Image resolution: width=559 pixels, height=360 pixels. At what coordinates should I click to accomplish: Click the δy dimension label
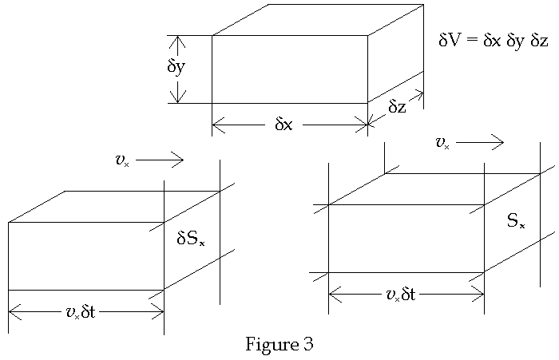click(176, 67)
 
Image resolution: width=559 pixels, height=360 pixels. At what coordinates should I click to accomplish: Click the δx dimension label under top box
click(283, 125)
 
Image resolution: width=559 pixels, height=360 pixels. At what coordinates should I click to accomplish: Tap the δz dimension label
click(397, 107)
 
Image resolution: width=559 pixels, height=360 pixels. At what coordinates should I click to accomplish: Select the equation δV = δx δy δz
click(493, 40)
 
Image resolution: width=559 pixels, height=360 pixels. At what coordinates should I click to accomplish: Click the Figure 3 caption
click(279, 345)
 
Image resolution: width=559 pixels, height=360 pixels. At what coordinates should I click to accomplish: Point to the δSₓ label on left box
click(190, 238)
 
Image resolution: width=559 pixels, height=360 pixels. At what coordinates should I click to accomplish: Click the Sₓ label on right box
click(516, 221)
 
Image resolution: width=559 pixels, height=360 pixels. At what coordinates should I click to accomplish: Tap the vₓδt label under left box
click(80, 311)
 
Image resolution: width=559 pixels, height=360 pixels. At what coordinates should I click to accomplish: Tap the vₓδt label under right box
click(400, 295)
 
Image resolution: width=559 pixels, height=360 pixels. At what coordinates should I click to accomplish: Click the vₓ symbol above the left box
click(121, 160)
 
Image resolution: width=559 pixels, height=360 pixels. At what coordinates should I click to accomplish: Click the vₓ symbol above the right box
click(442, 143)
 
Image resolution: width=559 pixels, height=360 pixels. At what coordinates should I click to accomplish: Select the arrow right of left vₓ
click(161, 160)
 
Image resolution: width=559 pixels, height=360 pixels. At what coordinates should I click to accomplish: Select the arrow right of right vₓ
click(481, 143)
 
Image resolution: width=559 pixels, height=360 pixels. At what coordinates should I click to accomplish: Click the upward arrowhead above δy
click(178, 40)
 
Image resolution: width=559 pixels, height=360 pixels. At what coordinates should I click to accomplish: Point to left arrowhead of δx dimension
click(216, 125)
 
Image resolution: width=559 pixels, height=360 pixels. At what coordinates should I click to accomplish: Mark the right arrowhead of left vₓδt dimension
click(159, 311)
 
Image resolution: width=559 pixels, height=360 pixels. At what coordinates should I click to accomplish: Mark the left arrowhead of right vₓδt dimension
click(333, 295)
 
